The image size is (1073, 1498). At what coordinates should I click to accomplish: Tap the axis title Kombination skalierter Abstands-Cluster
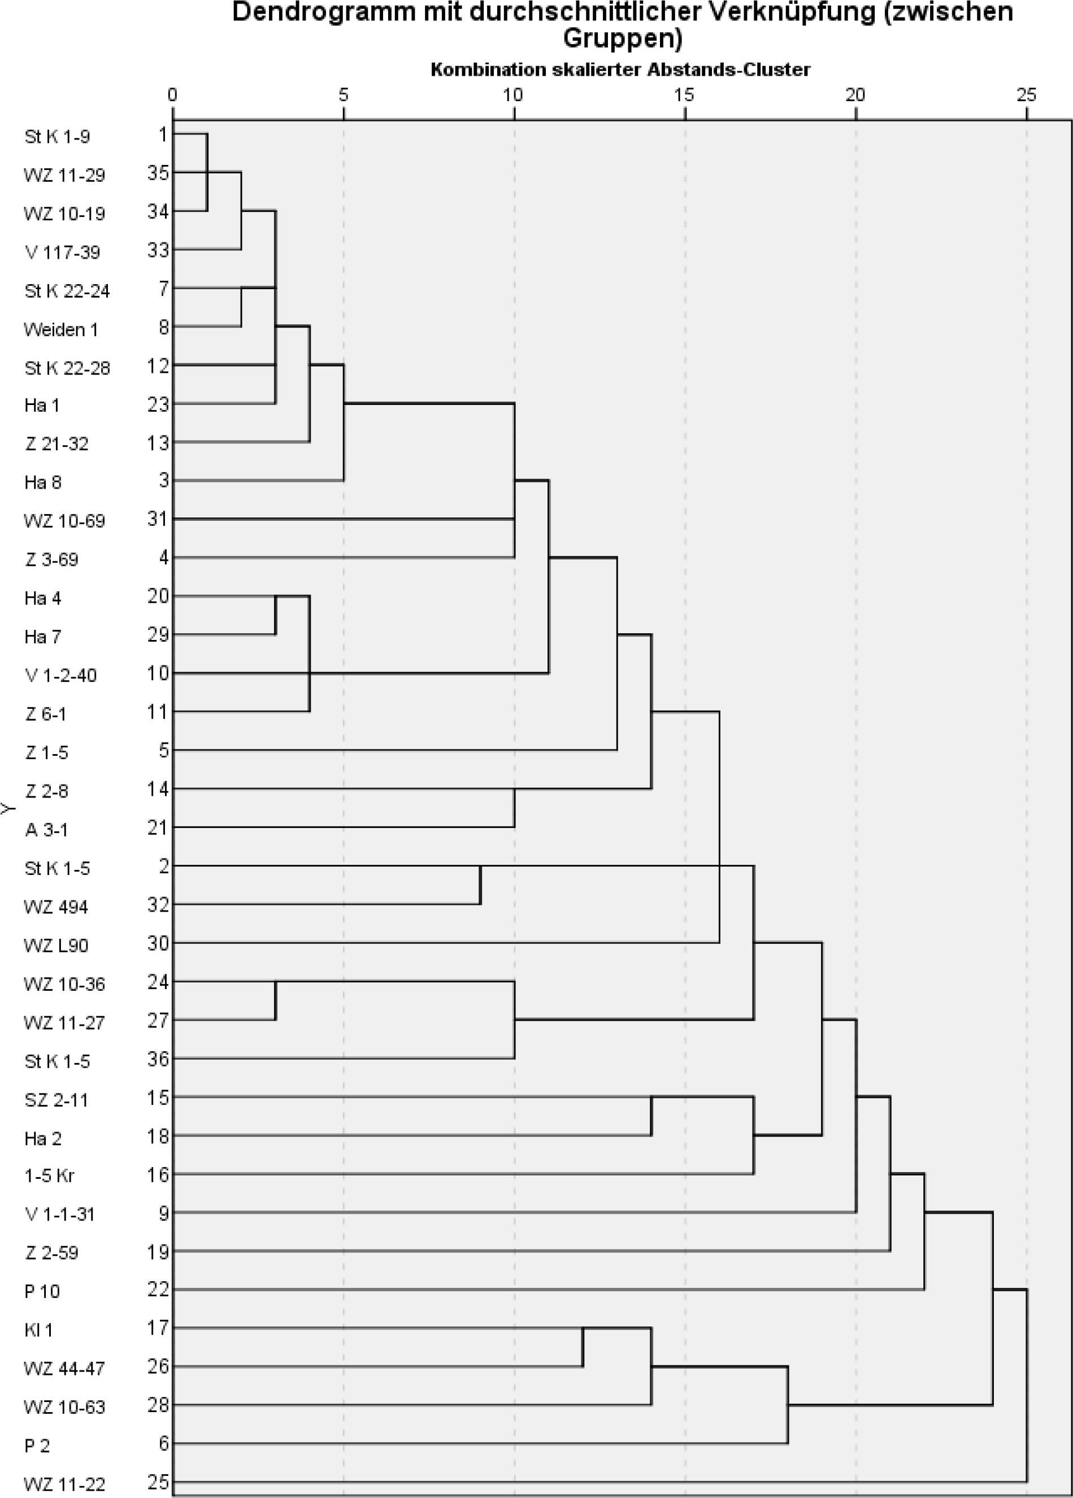pyautogui.click(x=620, y=69)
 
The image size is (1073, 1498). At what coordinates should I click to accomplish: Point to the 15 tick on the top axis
pyautogui.click(x=684, y=95)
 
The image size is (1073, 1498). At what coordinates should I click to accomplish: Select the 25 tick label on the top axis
pyautogui.click(x=1026, y=95)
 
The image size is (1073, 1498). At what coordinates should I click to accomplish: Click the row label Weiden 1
pyautogui.click(x=61, y=329)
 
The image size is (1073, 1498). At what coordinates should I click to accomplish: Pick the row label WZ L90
pyautogui.click(x=56, y=946)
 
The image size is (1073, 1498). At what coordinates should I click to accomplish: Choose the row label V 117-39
pyautogui.click(x=62, y=252)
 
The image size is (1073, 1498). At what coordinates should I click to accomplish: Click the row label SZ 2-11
pyautogui.click(x=56, y=1100)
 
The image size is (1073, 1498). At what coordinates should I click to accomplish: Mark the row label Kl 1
pyautogui.click(x=38, y=1330)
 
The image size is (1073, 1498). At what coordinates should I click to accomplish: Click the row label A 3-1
pyautogui.click(x=46, y=830)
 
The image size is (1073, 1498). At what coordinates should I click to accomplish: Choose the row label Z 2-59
pyautogui.click(x=51, y=1252)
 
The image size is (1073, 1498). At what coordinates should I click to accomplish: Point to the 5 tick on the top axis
pyautogui.click(x=343, y=95)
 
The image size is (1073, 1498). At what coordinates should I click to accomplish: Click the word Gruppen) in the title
pyautogui.click(x=622, y=39)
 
